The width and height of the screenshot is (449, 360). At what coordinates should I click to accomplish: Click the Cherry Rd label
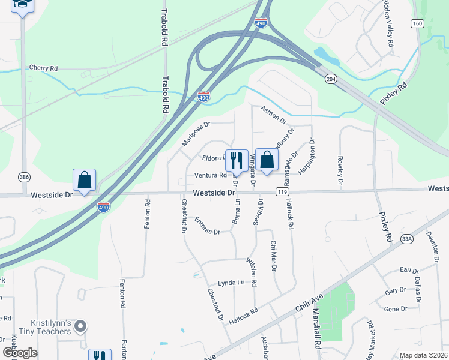click(x=43, y=68)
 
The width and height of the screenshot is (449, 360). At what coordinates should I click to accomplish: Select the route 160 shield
click(x=417, y=23)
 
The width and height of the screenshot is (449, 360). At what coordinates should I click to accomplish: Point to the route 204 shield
click(x=330, y=79)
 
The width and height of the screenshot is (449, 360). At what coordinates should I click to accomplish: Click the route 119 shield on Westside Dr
click(x=280, y=191)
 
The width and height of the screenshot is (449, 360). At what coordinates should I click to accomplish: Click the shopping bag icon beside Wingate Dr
click(x=267, y=160)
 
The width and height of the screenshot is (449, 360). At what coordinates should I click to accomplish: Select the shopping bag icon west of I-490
click(x=84, y=180)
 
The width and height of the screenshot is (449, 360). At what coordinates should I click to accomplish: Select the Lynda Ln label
click(x=232, y=283)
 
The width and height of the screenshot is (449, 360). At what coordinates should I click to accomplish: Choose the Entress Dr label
click(x=207, y=226)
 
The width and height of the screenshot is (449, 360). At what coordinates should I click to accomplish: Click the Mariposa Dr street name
click(x=196, y=135)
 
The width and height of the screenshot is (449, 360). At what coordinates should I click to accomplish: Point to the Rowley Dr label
click(x=340, y=170)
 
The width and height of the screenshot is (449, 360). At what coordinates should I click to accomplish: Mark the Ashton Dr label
click(x=274, y=114)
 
